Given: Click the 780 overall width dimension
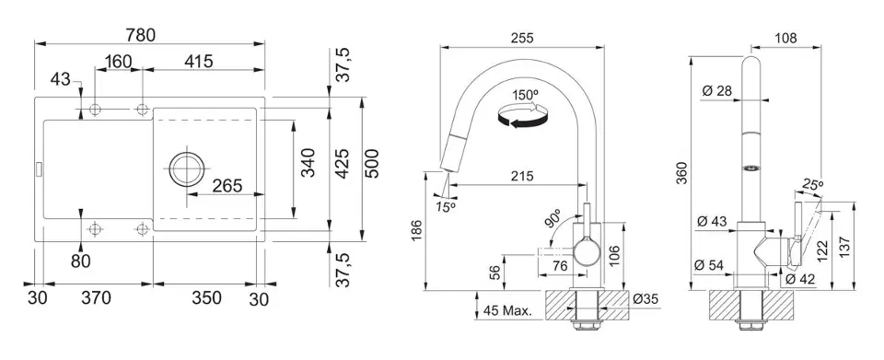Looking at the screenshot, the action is [x=139, y=35].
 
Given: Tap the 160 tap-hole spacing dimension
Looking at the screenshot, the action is [x=118, y=61].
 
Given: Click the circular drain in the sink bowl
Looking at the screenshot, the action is [x=184, y=168].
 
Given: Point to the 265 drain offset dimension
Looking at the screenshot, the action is [x=227, y=185].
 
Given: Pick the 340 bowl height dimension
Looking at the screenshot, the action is [x=308, y=162].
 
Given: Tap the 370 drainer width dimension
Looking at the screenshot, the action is [x=95, y=297].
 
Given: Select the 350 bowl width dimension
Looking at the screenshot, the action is [x=205, y=297].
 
